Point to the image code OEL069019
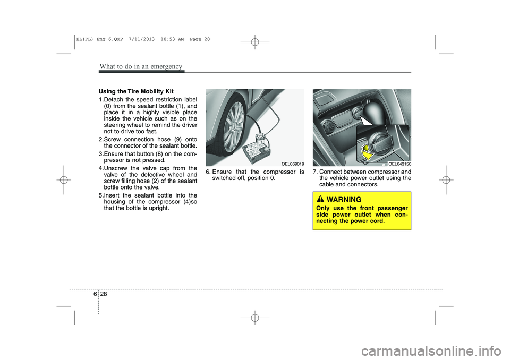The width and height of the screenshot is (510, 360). pos(293,164)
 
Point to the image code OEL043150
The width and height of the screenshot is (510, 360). pos(399,164)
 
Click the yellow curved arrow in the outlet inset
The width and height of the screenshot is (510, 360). pos(366,153)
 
